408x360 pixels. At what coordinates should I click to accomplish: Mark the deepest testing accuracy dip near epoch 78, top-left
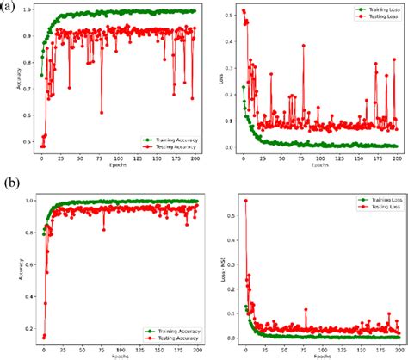[x=102, y=112]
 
